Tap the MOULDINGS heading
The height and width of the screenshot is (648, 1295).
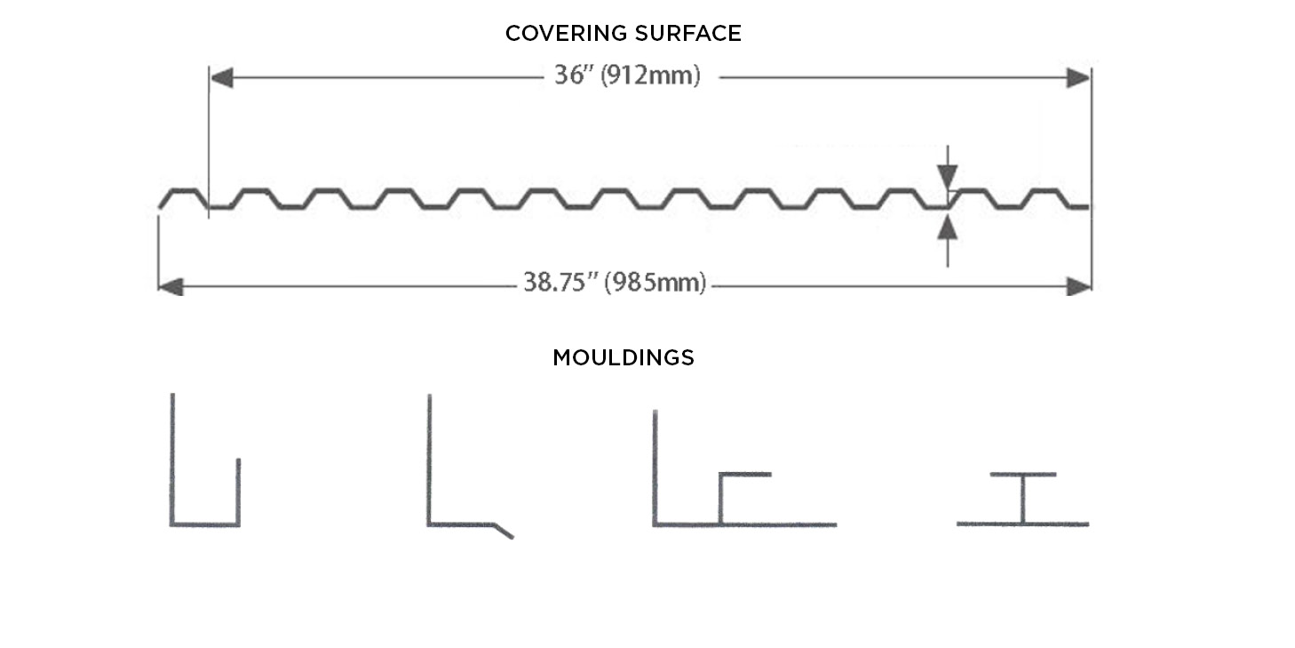[x=624, y=357]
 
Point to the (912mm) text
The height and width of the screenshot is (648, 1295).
[x=650, y=76]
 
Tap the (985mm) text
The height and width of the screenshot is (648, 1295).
[x=655, y=283]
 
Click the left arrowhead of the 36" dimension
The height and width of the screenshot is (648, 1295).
[x=221, y=77]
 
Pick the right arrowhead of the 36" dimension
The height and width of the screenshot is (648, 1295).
[x=1079, y=77]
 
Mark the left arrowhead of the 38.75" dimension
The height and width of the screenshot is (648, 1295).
[x=171, y=286]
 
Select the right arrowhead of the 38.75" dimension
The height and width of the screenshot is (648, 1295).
[x=1079, y=286]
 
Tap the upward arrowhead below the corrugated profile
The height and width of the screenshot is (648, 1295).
[x=947, y=228]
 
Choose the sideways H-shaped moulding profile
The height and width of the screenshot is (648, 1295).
[x=1022, y=500]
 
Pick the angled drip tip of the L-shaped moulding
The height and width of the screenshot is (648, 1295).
[x=504, y=532]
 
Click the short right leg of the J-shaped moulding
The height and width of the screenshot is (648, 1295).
[x=238, y=492]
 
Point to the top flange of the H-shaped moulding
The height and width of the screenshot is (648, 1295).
[x=1023, y=475]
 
